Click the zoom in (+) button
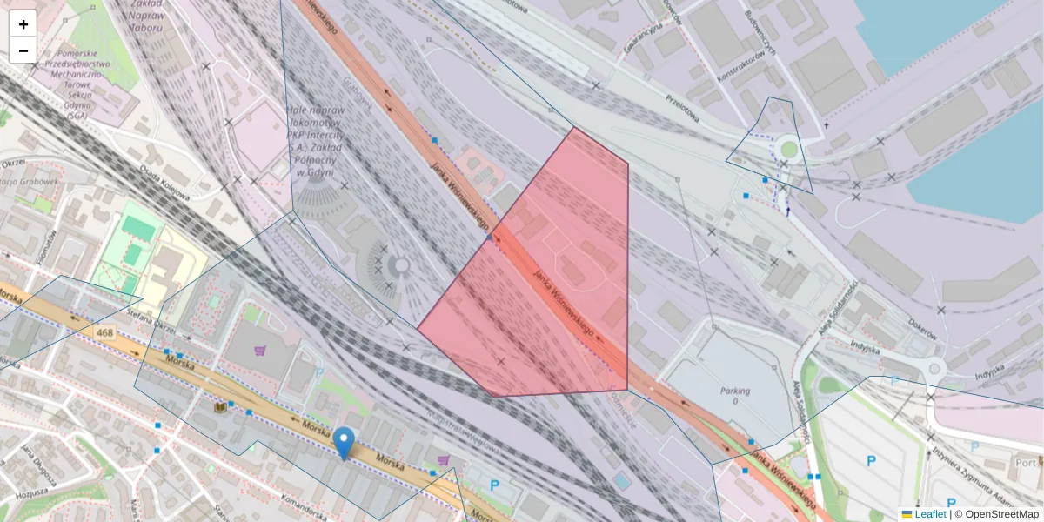23,24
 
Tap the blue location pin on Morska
345,442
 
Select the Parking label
735,391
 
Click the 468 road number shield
105,333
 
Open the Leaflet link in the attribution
930,514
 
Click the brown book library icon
220,406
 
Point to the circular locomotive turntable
401,265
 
